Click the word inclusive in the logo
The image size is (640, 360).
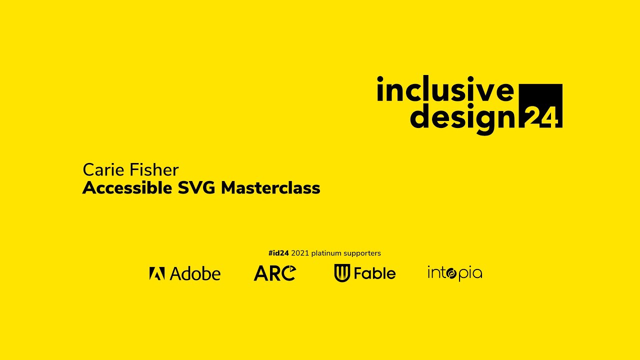(x=445, y=90)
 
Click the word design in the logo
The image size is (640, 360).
(x=462, y=117)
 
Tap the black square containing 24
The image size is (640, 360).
(x=541, y=106)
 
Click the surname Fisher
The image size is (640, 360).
(x=154, y=170)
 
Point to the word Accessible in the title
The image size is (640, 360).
(x=127, y=188)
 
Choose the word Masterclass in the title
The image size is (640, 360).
(x=270, y=188)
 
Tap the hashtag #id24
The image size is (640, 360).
(x=278, y=253)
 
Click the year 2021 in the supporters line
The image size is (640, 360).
(x=300, y=253)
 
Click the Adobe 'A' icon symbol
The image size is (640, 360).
(x=157, y=273)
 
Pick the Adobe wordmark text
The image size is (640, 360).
(x=195, y=273)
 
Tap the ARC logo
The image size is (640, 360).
(x=274, y=273)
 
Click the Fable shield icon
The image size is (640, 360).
(x=342, y=273)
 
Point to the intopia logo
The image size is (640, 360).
(x=454, y=273)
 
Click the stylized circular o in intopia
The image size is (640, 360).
(x=450, y=273)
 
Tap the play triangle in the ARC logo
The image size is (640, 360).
(x=291, y=270)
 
